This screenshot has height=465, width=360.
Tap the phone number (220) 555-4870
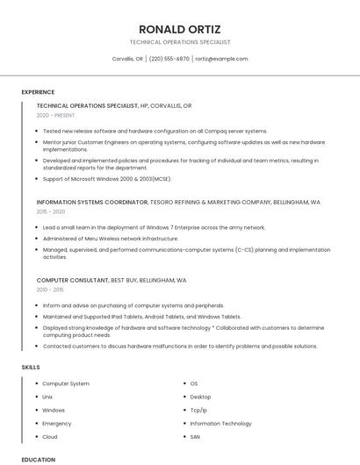[x=169, y=59]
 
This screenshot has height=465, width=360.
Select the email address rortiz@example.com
[x=221, y=59]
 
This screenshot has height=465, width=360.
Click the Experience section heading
[x=38, y=92]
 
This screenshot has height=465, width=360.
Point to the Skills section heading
[x=31, y=367]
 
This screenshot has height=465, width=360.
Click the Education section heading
[x=39, y=460]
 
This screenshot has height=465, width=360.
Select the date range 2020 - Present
[x=55, y=115]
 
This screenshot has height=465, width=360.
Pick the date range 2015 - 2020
[x=51, y=211]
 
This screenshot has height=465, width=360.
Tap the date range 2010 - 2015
[x=50, y=290]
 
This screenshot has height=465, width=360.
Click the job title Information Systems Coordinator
[x=92, y=202]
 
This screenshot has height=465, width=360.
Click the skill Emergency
[x=57, y=423]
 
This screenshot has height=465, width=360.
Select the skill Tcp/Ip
[x=198, y=410]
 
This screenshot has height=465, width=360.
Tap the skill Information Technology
[x=220, y=423]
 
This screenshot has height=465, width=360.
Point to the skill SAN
[x=195, y=436]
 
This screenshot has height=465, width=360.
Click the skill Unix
[x=47, y=397]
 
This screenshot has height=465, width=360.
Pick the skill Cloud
[x=50, y=436]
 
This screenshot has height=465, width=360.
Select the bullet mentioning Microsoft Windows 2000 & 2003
[x=106, y=178]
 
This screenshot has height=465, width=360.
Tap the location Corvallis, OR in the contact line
[x=127, y=59]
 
